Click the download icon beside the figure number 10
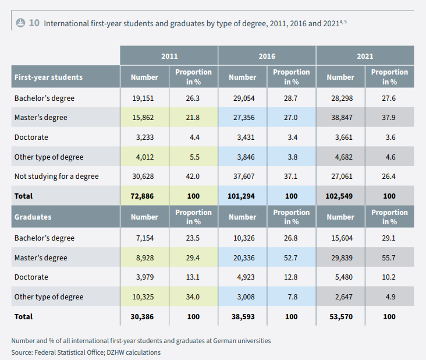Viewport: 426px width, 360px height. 20,23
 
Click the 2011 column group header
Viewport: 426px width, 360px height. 169,57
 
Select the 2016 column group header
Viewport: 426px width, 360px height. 267,57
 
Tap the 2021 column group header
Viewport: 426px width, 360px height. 365,57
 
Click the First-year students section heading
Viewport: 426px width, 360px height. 48,77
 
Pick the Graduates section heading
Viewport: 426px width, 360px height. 33,217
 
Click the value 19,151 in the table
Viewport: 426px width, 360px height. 144,98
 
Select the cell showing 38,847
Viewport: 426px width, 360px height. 340,118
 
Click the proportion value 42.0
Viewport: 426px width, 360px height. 193,177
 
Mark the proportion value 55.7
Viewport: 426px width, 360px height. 389,258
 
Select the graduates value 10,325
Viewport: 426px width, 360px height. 144,297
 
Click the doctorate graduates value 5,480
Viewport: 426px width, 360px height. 340,277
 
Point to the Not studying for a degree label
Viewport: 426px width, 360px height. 56,177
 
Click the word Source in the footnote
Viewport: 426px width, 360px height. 22,352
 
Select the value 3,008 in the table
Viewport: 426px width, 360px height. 243,297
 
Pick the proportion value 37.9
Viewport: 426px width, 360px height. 389,118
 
